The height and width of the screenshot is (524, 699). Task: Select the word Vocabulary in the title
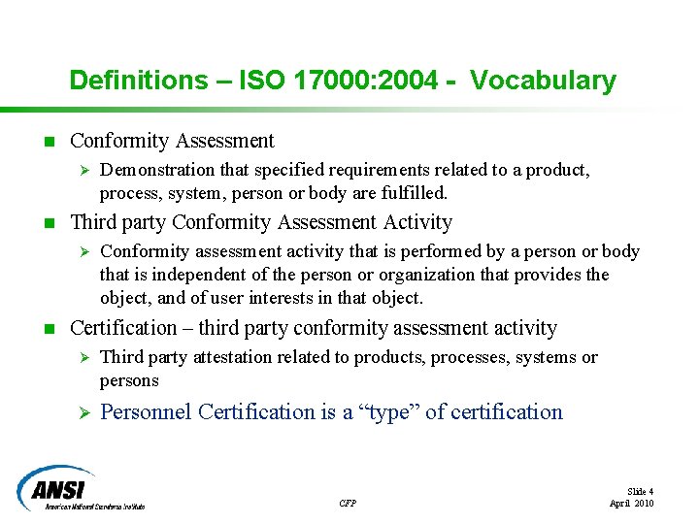point(543,80)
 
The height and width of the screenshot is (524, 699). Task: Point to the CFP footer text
point(348,503)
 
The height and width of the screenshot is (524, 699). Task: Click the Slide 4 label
point(640,492)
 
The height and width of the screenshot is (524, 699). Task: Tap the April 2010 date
point(631,504)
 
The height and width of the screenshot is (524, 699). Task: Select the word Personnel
point(146,412)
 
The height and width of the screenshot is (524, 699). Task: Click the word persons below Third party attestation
point(129,380)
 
